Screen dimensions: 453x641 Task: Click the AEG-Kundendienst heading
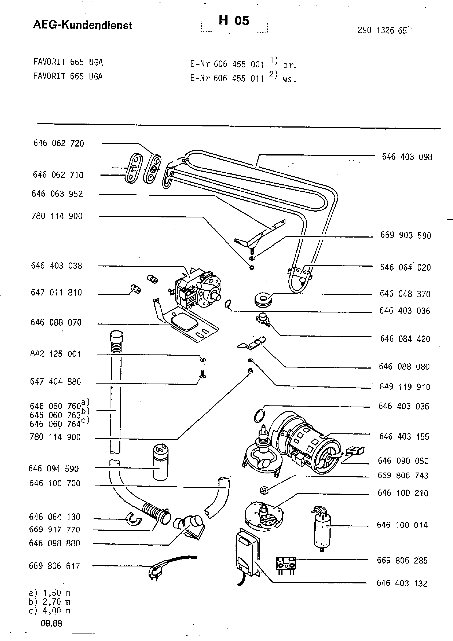click(83, 25)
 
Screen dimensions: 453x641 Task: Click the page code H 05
click(234, 20)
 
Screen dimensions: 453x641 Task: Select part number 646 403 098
click(407, 157)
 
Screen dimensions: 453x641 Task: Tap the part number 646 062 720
click(59, 143)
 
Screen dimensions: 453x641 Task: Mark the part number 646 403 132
click(402, 583)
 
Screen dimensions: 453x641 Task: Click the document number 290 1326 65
click(382, 30)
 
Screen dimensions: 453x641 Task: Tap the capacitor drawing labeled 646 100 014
click(322, 529)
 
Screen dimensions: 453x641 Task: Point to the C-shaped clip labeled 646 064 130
click(133, 518)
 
